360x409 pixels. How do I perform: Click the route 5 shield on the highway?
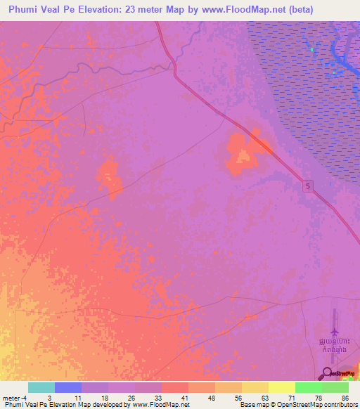(x=309, y=186)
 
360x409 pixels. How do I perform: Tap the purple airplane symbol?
(x=333, y=332)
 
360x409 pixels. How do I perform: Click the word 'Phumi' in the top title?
(x=25, y=10)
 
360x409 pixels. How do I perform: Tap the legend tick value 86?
(x=345, y=398)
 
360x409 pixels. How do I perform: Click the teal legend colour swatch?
(x=41, y=387)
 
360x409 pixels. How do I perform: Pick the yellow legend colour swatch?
(x=255, y=387)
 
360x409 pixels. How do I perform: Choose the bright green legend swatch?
(x=308, y=387)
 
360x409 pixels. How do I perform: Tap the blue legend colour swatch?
(x=68, y=387)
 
